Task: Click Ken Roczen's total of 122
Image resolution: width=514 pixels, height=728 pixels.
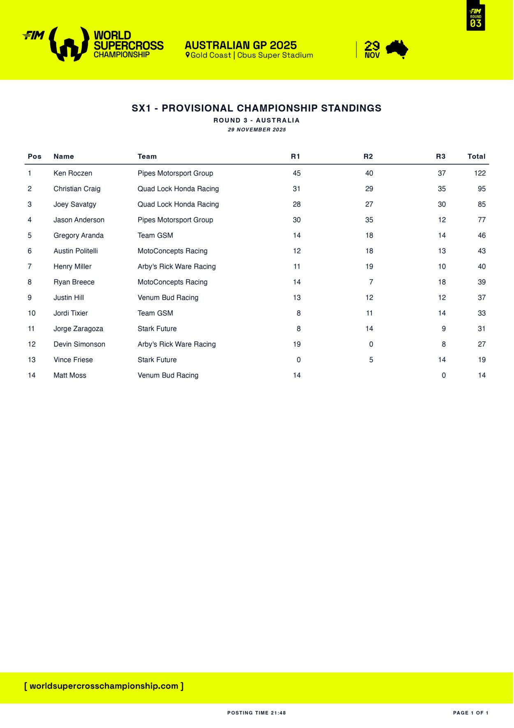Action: [x=479, y=173]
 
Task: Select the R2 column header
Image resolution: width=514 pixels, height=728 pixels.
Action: [x=368, y=156]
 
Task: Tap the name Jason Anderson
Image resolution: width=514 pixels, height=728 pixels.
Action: [x=79, y=220]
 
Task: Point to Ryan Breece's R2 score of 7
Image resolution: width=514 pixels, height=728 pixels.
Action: [x=371, y=282]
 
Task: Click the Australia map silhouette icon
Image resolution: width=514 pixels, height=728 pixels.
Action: [x=397, y=49]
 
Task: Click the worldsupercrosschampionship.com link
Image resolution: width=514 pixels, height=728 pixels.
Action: [x=104, y=686]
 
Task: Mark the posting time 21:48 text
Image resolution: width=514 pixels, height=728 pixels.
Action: [x=257, y=713]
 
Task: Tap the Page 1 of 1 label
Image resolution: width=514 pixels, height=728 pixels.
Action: [x=470, y=713]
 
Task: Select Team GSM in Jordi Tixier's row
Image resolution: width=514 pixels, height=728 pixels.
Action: [x=155, y=313]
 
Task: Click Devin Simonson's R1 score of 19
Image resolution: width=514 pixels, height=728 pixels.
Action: [x=296, y=344]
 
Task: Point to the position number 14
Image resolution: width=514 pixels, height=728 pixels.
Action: [x=32, y=376]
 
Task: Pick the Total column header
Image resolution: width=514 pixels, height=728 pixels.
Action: [x=476, y=156]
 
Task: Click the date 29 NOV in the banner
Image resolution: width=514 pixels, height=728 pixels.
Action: [x=372, y=50]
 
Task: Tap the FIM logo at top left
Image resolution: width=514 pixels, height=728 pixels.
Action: [x=34, y=35]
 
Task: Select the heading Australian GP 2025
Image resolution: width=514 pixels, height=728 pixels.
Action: [x=241, y=45]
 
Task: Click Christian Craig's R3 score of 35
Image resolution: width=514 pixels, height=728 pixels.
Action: [x=442, y=189]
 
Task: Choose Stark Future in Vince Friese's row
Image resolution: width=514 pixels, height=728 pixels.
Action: [x=157, y=360]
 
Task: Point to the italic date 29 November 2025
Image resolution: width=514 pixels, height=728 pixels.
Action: [x=257, y=130]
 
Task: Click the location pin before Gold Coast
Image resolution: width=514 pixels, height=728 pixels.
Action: [x=188, y=55]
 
